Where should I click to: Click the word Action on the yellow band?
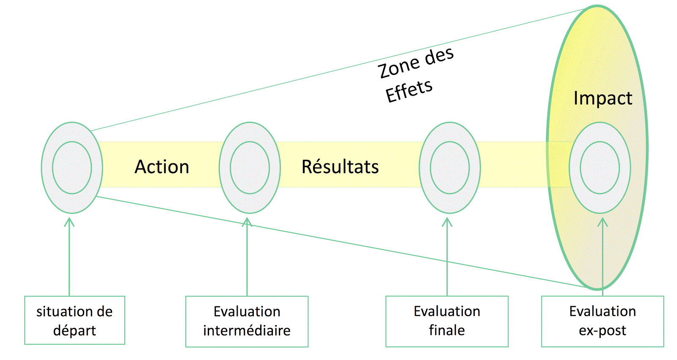pyautogui.click(x=162, y=167)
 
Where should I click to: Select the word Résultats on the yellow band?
pyautogui.click(x=340, y=167)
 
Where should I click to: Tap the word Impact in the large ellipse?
pyautogui.click(x=603, y=98)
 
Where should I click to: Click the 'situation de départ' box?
pyautogui.click(x=74, y=320)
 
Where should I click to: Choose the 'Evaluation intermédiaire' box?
pyautogui.click(x=247, y=321)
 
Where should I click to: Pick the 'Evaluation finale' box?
pyautogui.click(x=447, y=321)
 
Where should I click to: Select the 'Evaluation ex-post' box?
pyautogui.click(x=603, y=321)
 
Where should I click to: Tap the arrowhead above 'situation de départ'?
pyautogui.click(x=69, y=222)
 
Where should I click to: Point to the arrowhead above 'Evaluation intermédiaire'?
pyautogui.click(x=247, y=222)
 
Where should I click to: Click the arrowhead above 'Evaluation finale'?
pyautogui.click(x=447, y=222)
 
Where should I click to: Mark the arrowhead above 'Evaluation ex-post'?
pyautogui.click(x=603, y=222)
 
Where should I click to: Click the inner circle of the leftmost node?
pyautogui.click(x=72, y=168)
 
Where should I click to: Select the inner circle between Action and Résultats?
pyautogui.click(x=250, y=168)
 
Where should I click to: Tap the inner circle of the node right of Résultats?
pyautogui.click(x=450, y=168)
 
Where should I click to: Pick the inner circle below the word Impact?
pyautogui.click(x=600, y=168)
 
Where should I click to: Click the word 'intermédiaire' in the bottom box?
pyautogui.click(x=247, y=330)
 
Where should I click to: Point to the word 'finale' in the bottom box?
pyautogui.click(x=447, y=330)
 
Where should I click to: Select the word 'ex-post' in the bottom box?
pyautogui.click(x=603, y=330)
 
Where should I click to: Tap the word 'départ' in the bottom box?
pyautogui.click(x=74, y=330)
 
